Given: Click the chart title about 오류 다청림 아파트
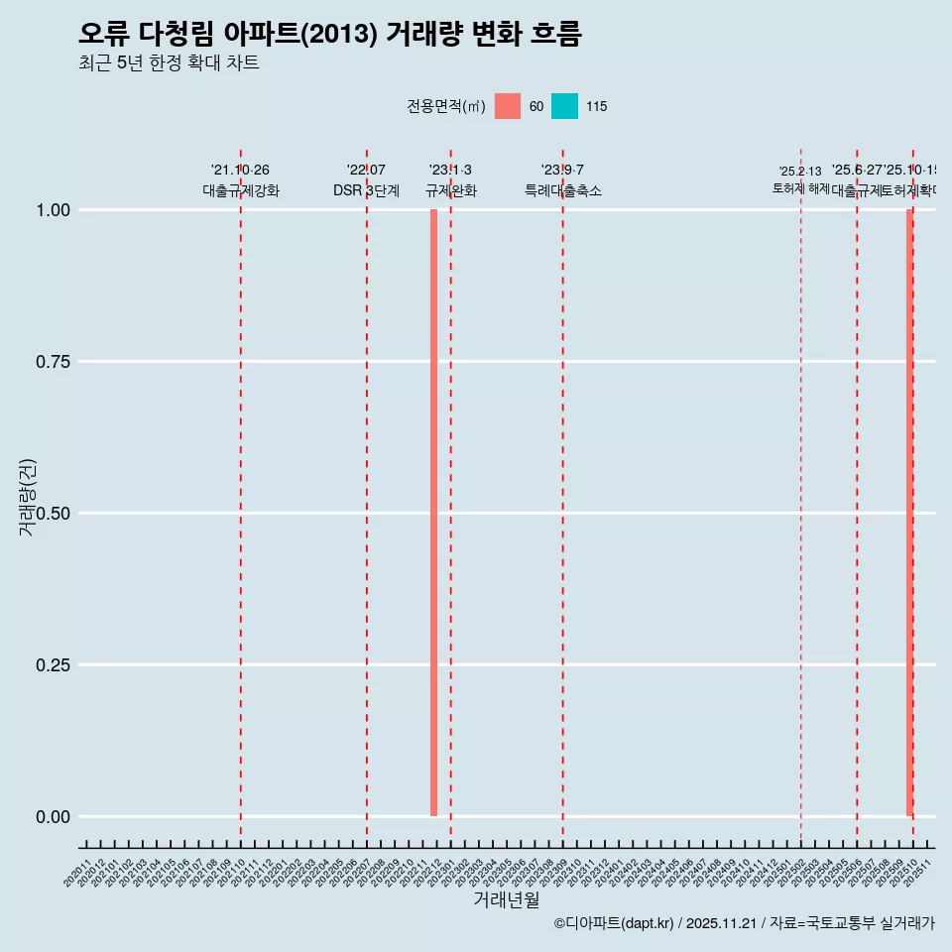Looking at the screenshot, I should click(x=329, y=34).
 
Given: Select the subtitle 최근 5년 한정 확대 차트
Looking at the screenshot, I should click(x=169, y=63).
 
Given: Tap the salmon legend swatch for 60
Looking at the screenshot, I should click(x=508, y=106).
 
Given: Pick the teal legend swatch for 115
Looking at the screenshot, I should click(x=564, y=106).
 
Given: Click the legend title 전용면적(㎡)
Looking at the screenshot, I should click(x=445, y=106).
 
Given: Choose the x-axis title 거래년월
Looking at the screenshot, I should click(x=507, y=899).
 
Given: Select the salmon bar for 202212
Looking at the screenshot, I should click(x=434, y=513).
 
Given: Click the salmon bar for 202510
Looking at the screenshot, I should click(x=909, y=513).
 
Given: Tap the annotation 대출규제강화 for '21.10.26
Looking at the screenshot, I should click(x=241, y=190).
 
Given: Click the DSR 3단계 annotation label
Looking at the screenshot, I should click(x=366, y=190).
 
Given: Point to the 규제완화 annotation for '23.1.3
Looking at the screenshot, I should click(x=451, y=190).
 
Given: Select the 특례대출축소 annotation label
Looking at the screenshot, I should click(x=563, y=190).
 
